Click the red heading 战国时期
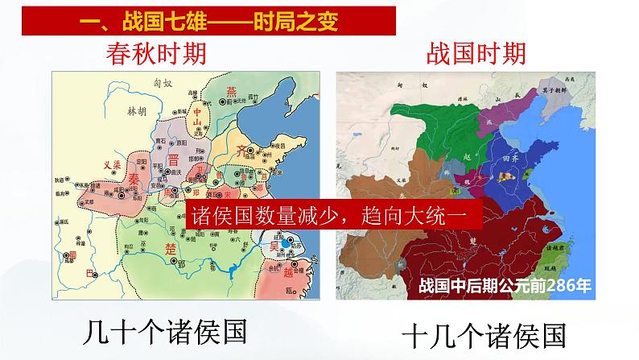tap(476, 54)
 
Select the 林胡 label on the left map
tap(138, 113)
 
